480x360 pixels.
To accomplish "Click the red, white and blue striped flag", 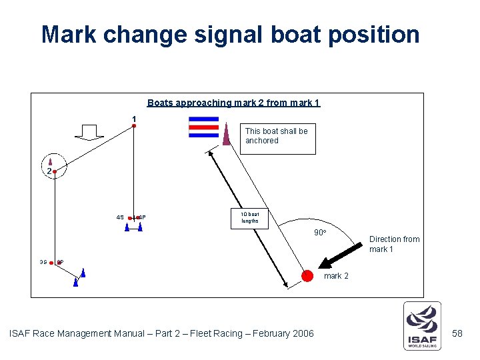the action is point(203,127).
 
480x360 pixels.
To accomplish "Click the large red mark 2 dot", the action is point(307,275).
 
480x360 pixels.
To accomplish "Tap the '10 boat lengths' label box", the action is point(250,218).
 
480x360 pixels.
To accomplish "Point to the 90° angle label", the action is point(321,233).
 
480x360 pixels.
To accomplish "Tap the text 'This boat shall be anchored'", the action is point(276,136).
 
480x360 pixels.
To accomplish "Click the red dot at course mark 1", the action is point(134,125).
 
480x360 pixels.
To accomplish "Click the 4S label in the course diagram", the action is point(120,217).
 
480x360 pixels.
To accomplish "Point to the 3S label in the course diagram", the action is point(43,262).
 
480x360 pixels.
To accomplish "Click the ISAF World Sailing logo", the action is point(421,325).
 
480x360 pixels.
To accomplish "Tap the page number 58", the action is point(458,332).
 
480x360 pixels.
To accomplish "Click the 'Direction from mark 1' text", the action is point(394,244).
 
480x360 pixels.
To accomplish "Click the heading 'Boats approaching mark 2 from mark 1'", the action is point(233,103).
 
